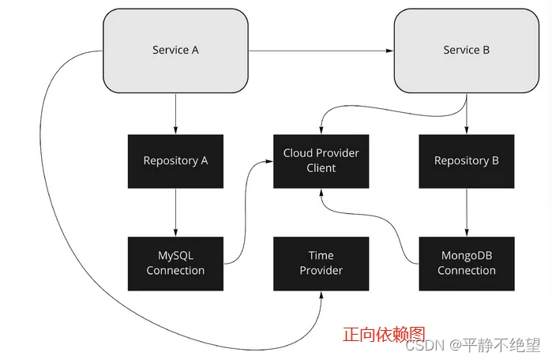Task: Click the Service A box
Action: [175, 51]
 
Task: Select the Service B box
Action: [467, 51]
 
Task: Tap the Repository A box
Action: [175, 161]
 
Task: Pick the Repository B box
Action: [467, 161]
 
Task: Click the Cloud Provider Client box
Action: [321, 161]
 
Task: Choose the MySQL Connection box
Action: [175, 264]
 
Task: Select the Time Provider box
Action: [321, 264]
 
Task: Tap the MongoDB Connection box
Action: [467, 264]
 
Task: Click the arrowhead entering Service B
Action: [389, 51]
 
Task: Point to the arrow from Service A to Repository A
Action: [175, 114]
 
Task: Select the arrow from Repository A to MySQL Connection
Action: [175, 212]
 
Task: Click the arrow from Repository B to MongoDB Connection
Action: [467, 212]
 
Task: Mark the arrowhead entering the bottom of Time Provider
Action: [321, 295]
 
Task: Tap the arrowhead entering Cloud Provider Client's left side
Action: [269, 162]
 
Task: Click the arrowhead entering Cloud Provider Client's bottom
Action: [321, 193]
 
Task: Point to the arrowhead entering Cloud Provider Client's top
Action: [321, 130]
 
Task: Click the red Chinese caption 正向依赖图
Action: [384, 334]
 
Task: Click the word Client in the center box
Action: [321, 168]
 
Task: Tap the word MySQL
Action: [175, 256]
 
